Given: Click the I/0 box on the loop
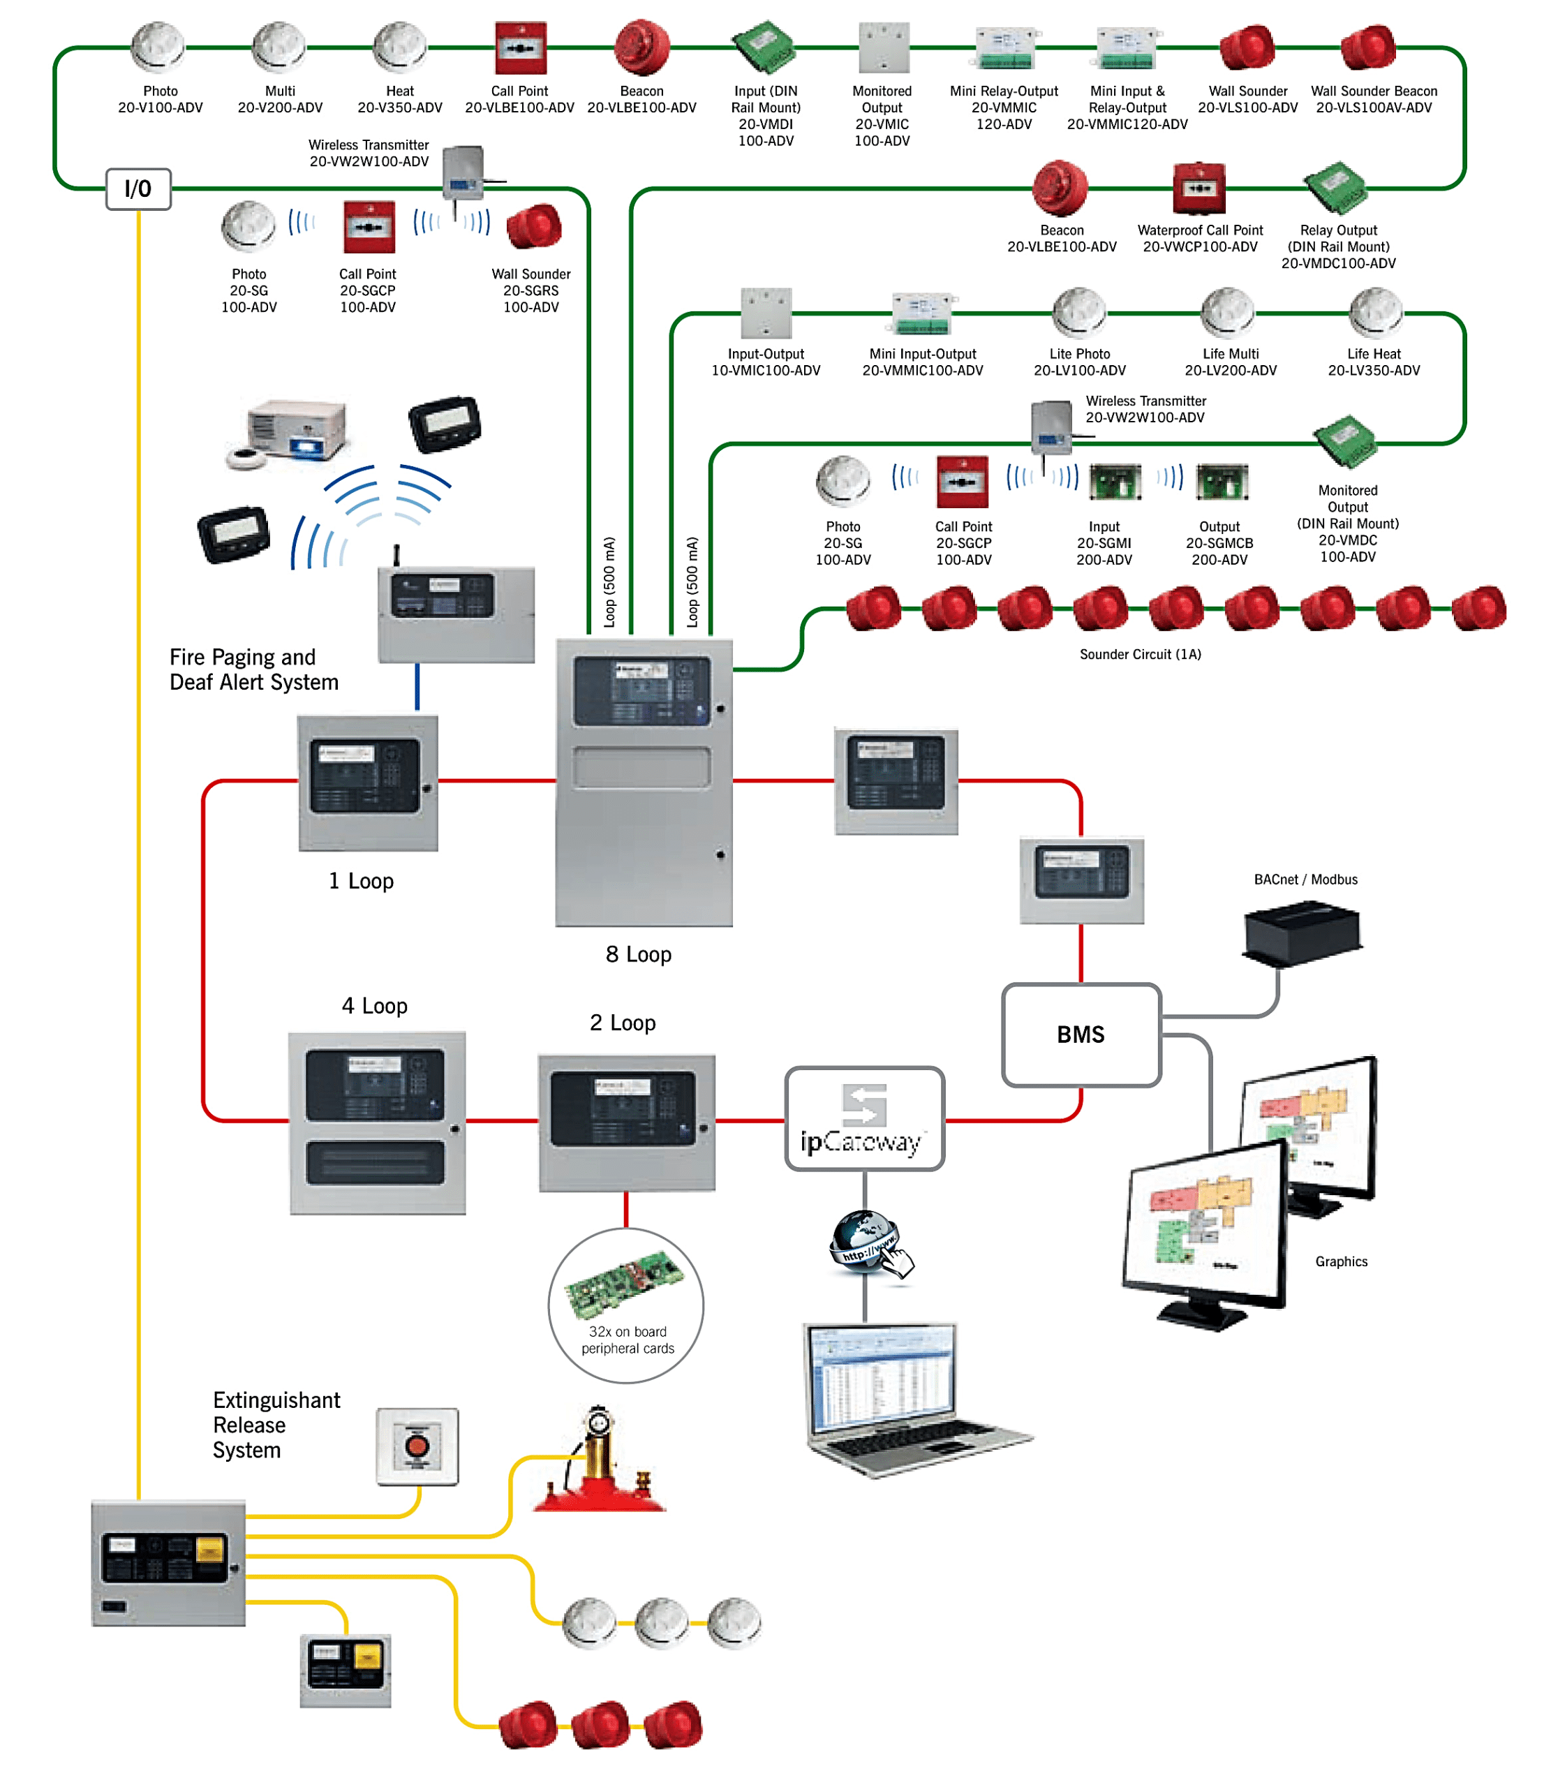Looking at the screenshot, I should point(138,188).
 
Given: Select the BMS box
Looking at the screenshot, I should point(1081,1035).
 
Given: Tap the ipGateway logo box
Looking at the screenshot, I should point(865,1119).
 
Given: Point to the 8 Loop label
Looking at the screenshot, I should point(639,954).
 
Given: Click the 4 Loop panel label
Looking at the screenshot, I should point(374,1007).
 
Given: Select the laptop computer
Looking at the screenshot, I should point(900,1397).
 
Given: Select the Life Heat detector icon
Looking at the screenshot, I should point(1374,313).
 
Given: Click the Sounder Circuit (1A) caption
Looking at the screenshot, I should point(1140,655).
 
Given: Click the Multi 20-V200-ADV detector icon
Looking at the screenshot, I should point(279,47).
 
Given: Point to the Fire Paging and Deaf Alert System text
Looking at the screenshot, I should point(253,670).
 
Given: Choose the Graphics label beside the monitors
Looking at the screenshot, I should point(1341,1261).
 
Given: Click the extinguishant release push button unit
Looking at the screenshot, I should point(417,1447).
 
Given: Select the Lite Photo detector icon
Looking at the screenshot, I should point(1078,313).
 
